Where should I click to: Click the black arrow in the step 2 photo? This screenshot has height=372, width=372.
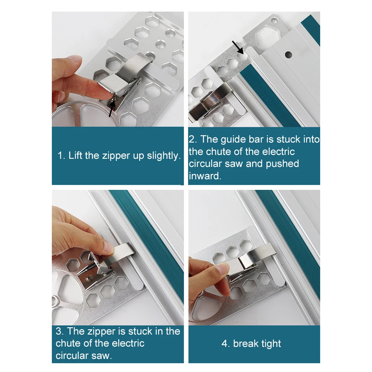tap(238, 48)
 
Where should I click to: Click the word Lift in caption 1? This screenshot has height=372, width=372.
tap(75, 156)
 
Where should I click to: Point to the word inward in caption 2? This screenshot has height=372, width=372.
tap(205, 176)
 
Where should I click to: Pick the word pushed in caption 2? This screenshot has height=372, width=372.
tap(282, 164)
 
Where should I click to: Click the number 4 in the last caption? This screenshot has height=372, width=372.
tap(224, 344)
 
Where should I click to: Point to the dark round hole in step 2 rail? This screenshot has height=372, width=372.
tap(288, 55)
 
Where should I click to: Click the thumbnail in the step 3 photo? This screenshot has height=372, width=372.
tap(109, 248)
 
